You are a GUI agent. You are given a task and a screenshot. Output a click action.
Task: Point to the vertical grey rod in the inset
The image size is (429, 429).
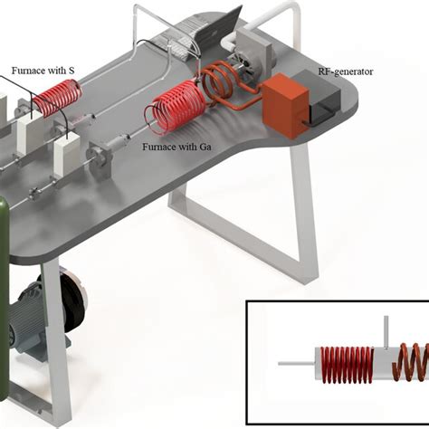386,332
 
